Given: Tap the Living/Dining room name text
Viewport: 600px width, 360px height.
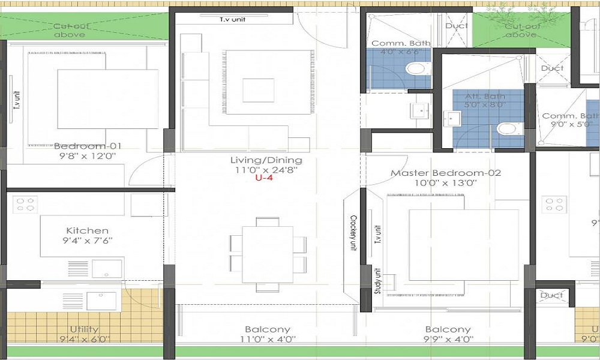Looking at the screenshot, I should [266, 160].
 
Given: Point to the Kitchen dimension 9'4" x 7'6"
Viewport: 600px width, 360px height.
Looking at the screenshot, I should [88, 241].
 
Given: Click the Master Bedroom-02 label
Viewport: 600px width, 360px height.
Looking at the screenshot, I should [445, 173].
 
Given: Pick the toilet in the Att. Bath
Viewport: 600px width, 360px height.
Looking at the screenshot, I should [506, 129].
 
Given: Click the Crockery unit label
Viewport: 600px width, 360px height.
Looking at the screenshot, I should [353, 234].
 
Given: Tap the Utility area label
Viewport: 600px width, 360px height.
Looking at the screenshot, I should [84, 329].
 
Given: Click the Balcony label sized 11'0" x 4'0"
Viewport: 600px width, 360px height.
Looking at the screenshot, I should [267, 329].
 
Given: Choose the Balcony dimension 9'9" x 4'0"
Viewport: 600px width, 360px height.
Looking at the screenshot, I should [448, 340].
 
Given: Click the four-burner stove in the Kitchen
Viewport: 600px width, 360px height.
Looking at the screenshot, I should [25, 205].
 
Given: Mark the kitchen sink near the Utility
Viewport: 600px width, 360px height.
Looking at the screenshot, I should [102, 299].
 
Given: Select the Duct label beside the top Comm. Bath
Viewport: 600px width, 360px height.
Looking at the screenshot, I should [456, 26].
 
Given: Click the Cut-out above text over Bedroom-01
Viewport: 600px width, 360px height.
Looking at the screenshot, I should [69, 30].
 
